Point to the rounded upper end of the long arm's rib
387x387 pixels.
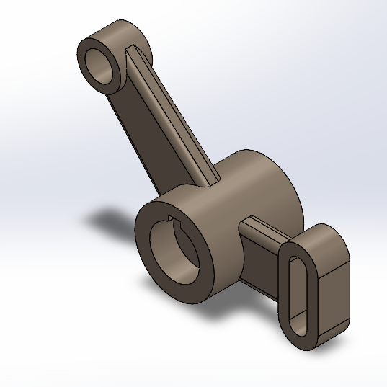133,50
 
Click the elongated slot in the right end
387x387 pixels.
298,292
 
